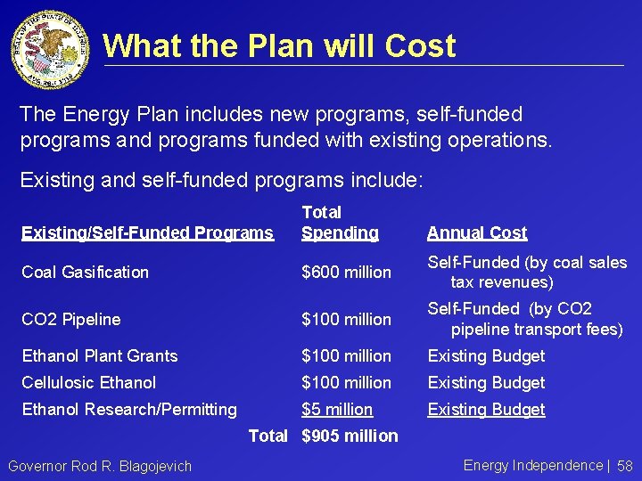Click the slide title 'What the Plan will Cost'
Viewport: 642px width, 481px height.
279,45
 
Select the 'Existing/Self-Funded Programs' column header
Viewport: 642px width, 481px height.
147,233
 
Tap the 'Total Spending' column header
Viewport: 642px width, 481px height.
340,223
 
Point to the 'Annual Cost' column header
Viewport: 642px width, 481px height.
477,233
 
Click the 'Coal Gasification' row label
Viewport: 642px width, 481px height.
85,273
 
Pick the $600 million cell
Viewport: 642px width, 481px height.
346,273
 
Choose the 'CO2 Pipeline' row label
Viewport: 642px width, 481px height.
70,319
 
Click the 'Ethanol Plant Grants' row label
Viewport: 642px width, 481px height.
100,356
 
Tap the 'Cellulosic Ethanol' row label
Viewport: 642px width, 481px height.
88,383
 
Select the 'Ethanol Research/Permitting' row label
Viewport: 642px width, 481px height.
129,410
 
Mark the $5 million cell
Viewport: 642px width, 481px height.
337,410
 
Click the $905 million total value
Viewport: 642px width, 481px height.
350,436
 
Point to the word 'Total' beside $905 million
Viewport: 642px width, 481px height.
267,436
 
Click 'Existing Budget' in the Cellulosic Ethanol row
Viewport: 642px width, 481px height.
486,383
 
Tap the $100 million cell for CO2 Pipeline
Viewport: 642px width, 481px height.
346,319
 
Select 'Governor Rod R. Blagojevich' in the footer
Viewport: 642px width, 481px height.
99,467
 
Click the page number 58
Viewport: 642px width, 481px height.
624,467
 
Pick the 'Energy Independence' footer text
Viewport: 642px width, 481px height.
533,465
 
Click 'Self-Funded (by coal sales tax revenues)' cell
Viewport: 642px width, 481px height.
527,273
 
